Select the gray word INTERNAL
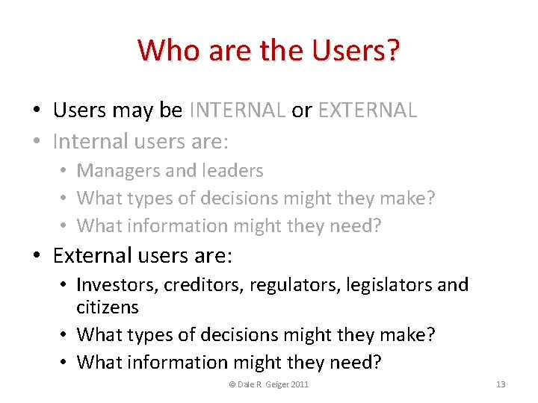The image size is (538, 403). click(x=238, y=110)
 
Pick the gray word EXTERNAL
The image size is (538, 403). click(x=368, y=110)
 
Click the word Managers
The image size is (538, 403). click(x=118, y=171)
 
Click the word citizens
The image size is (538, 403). click(x=108, y=307)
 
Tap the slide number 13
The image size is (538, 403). click(x=501, y=384)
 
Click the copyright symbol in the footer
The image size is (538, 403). click(x=232, y=384)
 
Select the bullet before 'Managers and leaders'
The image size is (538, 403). click(x=65, y=172)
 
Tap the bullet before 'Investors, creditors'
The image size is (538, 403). click(x=65, y=285)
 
